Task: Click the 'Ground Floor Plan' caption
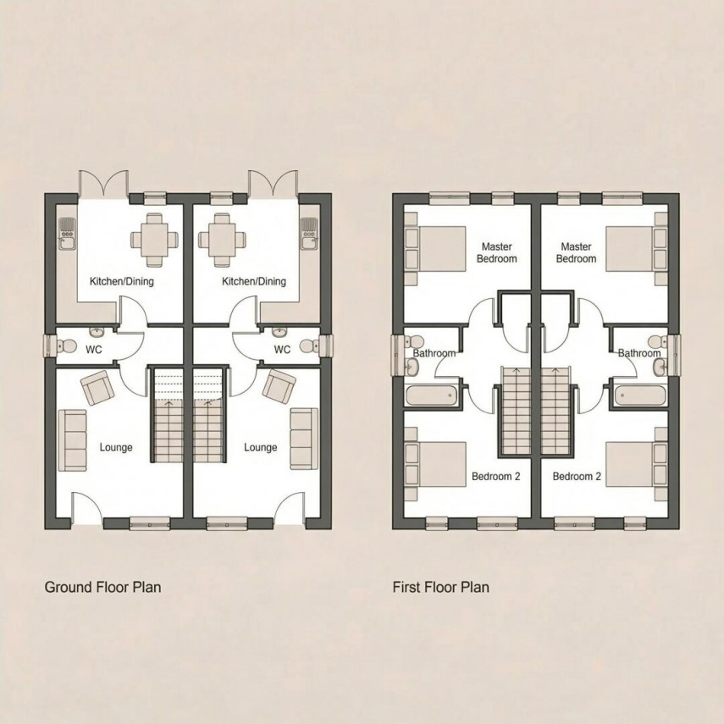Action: tap(102, 586)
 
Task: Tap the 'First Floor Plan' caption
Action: tap(440, 586)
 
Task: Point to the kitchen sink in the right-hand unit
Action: tap(308, 231)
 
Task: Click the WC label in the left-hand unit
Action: tap(93, 349)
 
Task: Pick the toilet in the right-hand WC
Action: tap(318, 345)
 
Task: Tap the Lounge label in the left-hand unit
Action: tap(116, 447)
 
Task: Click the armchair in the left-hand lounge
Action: tap(97, 390)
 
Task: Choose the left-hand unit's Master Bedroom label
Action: tap(497, 252)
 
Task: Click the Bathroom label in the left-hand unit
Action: tap(435, 353)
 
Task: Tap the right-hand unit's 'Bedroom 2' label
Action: tap(577, 477)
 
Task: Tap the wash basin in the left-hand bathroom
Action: tap(412, 366)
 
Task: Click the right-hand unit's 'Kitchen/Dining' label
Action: tap(254, 281)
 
